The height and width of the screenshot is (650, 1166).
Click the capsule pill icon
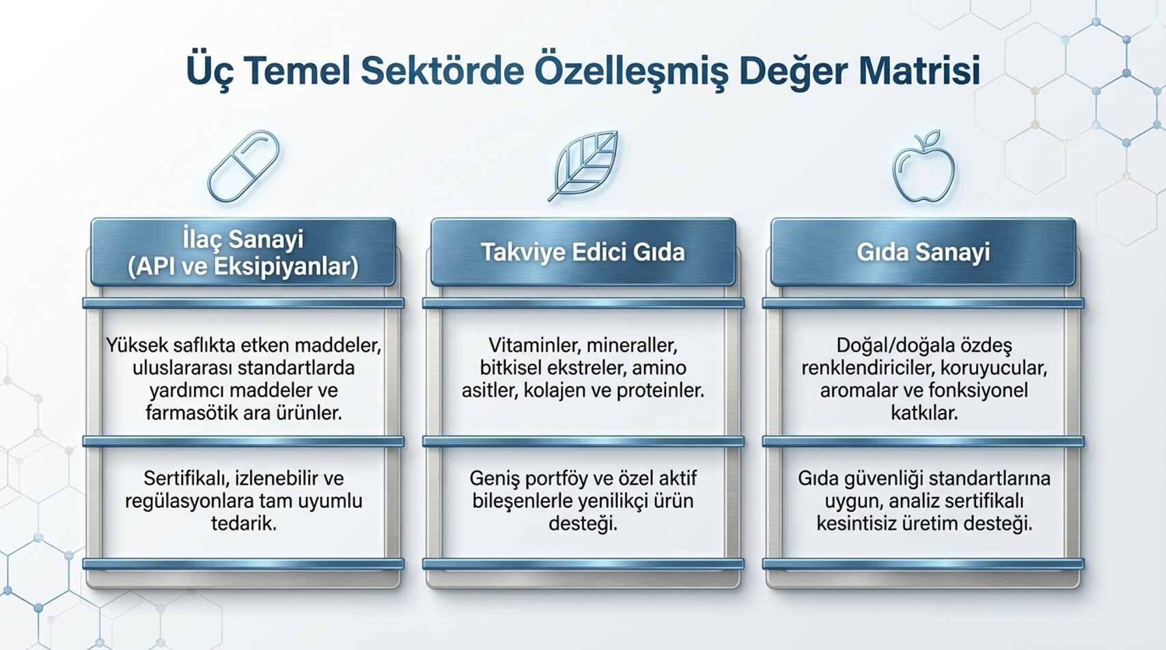243,166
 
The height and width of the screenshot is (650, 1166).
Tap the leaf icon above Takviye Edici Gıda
583,165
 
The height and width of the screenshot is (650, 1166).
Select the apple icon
924,166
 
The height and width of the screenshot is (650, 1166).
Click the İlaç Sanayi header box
243,253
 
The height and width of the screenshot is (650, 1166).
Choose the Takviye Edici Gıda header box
583,253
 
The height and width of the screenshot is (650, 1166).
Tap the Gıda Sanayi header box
923,253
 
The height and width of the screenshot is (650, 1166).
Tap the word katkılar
924,413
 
